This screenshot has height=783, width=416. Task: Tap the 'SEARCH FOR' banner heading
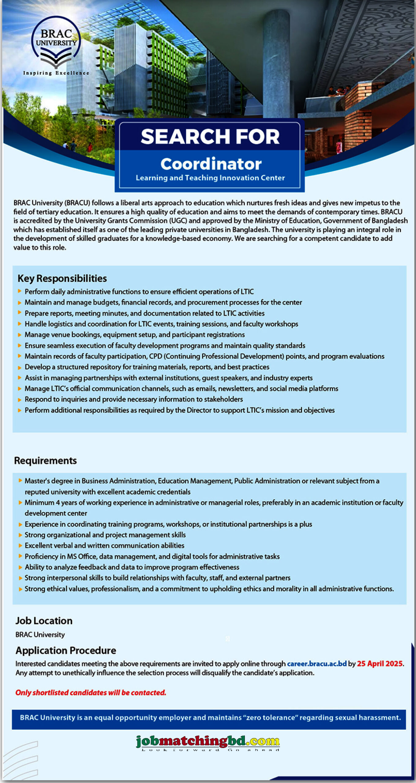[210, 136]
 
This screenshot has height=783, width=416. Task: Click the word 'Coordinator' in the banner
[211, 164]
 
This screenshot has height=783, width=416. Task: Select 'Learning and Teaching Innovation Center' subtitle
[210, 178]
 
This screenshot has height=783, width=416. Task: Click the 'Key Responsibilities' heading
[62, 278]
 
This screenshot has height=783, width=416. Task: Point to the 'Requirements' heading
[45, 461]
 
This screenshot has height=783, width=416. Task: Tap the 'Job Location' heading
[44, 621]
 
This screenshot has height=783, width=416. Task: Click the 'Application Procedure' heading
[66, 650]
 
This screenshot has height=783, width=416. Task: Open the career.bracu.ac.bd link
[317, 664]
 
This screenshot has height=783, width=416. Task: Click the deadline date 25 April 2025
[380, 664]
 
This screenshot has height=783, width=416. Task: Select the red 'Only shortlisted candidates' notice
[91, 692]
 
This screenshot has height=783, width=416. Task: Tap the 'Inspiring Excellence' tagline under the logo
[56, 73]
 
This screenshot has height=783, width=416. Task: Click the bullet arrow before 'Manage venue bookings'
[20, 335]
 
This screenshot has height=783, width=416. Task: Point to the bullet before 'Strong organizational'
[20, 535]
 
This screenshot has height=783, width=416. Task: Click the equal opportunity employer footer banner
[210, 718]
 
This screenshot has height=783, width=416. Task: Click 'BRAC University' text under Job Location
[40, 635]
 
